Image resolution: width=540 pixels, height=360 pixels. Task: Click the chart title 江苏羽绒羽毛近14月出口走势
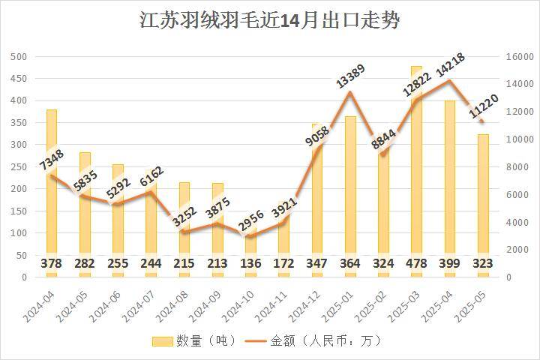click(270, 20)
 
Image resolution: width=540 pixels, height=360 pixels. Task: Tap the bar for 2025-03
click(416, 165)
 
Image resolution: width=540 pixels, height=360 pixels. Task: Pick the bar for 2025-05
click(482, 202)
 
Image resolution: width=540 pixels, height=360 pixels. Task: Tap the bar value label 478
click(416, 264)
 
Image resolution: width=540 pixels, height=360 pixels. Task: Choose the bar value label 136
click(250, 264)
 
